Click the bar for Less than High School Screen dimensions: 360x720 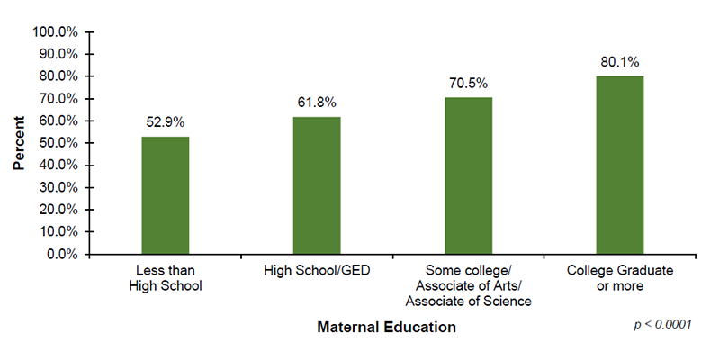[165, 195]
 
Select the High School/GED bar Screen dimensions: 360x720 [317, 185]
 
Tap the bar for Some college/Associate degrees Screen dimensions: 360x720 [468, 175]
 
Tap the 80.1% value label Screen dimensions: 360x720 [620, 62]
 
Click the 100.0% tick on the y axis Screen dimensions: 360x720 [57, 31]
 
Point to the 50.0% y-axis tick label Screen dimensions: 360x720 [59, 143]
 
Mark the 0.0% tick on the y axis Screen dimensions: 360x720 [63, 254]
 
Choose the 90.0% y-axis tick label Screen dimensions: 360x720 [59, 54]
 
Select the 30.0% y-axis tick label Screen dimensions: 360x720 [59, 187]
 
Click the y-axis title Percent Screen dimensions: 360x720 [19, 142]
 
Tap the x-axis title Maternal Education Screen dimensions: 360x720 [386, 328]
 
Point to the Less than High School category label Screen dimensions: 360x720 [165, 278]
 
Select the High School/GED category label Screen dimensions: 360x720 [317, 270]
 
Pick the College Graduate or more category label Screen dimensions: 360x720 [620, 278]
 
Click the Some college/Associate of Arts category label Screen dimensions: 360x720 [468, 285]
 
